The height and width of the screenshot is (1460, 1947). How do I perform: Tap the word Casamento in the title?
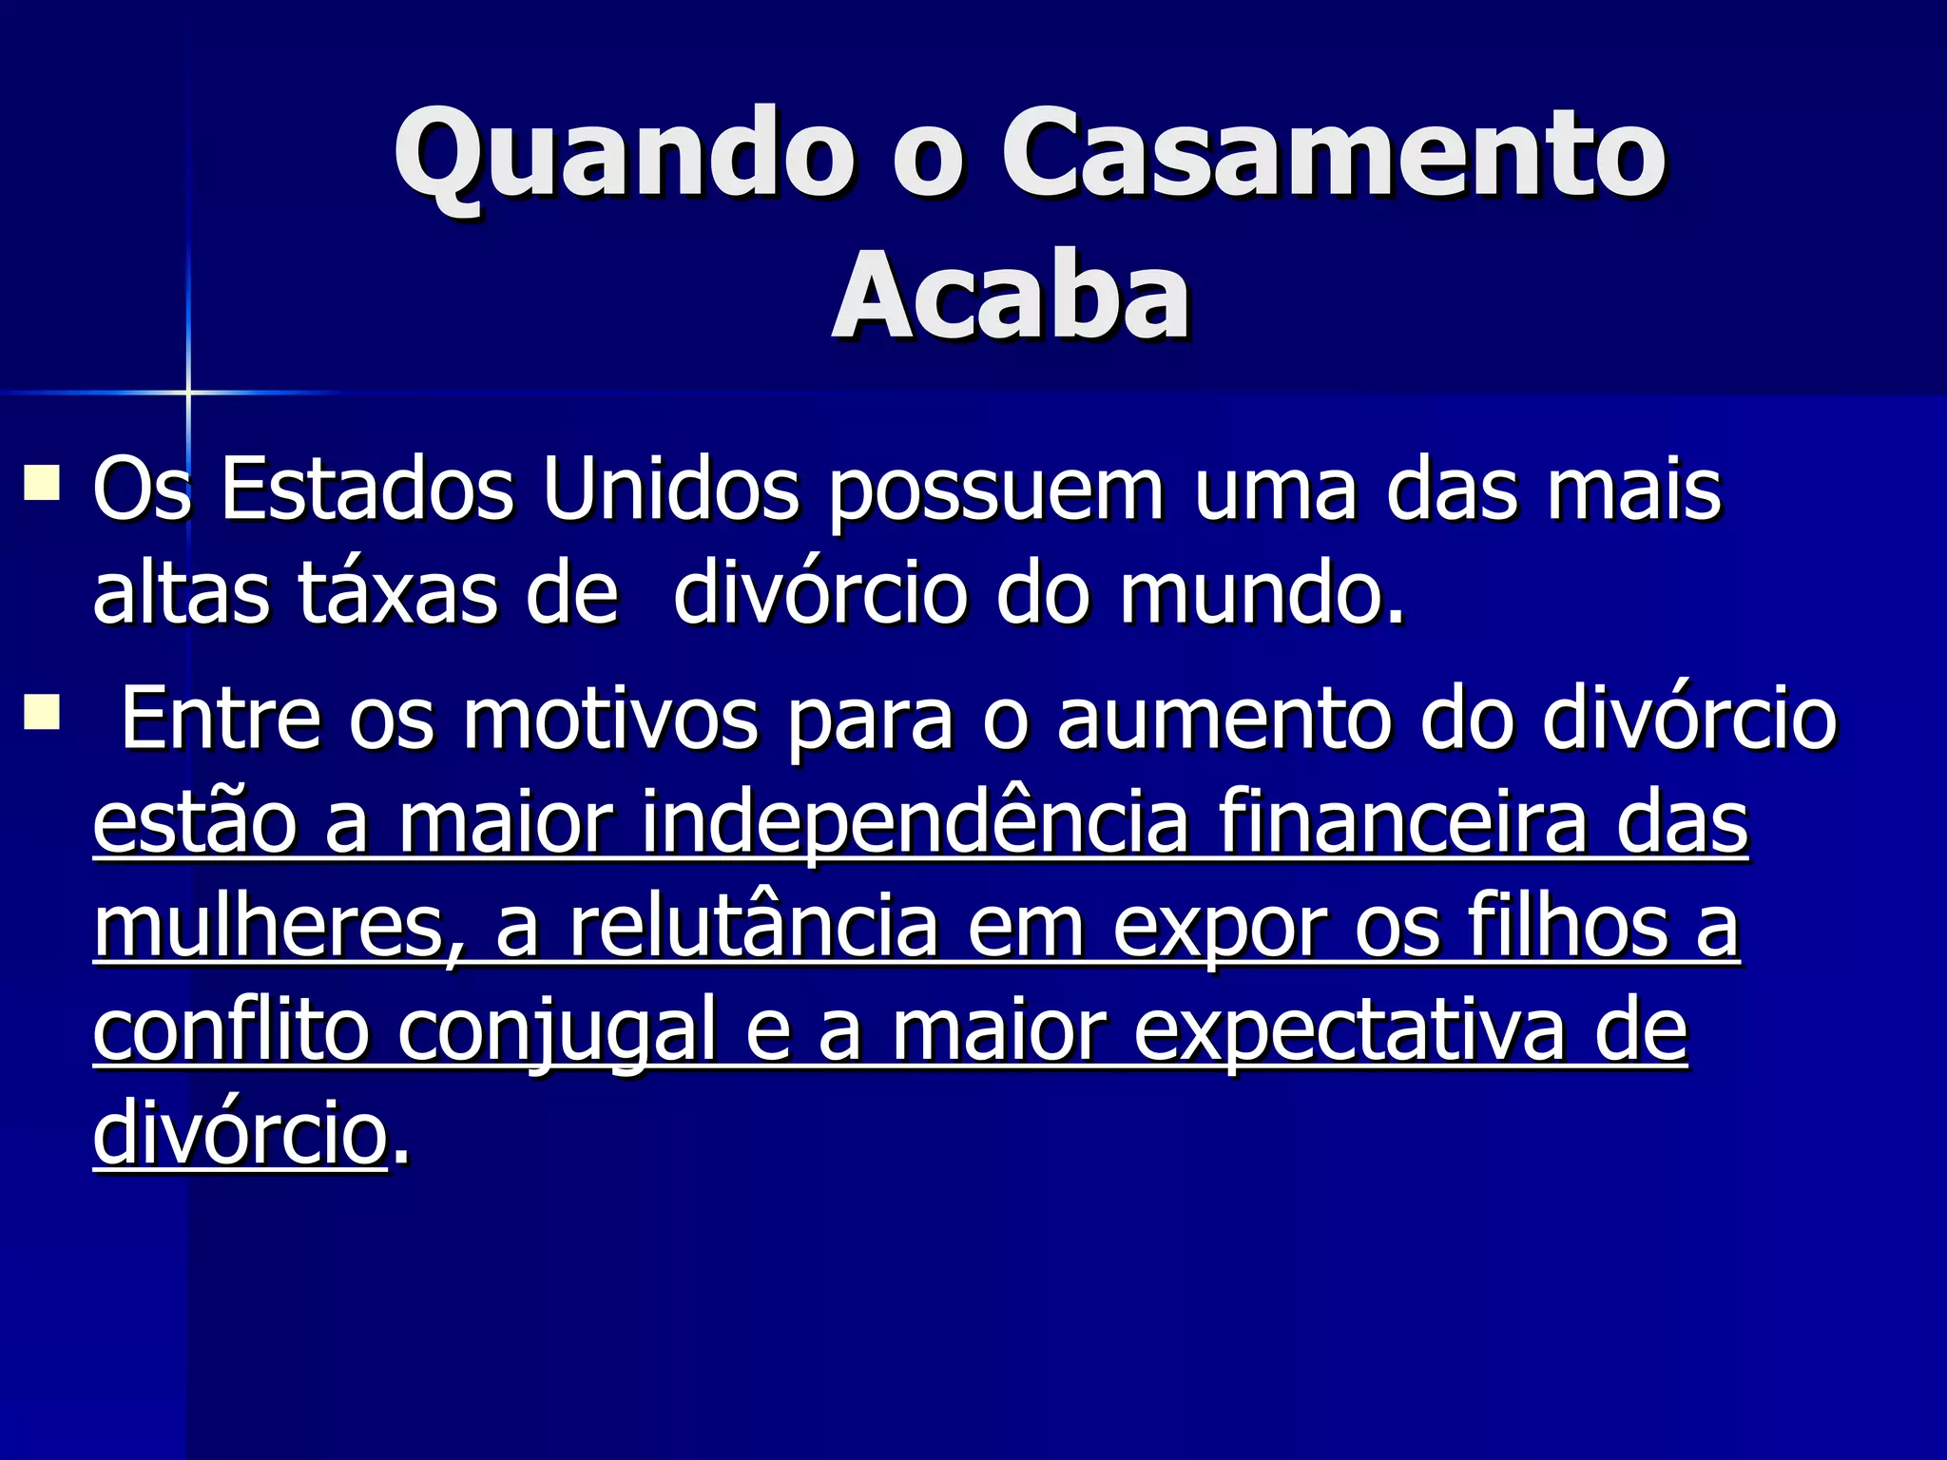pyautogui.click(x=1332, y=155)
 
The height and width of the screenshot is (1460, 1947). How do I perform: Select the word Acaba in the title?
pyautogui.click(x=1012, y=296)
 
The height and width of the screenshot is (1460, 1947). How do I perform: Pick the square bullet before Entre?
pyautogui.click(x=43, y=712)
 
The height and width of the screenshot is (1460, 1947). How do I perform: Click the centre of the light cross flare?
pyautogui.click(x=188, y=392)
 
